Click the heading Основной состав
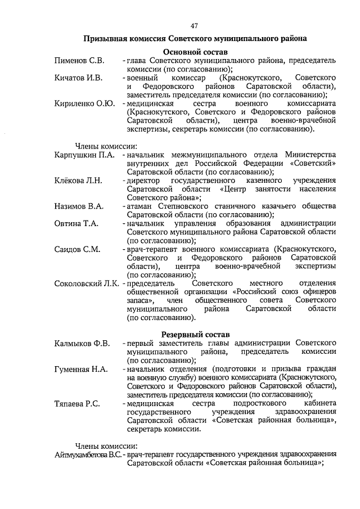click(195, 52)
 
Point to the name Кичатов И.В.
click(78, 78)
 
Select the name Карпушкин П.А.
click(85, 155)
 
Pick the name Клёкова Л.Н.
click(78, 180)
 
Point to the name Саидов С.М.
click(77, 249)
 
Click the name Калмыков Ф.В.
click(82, 343)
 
